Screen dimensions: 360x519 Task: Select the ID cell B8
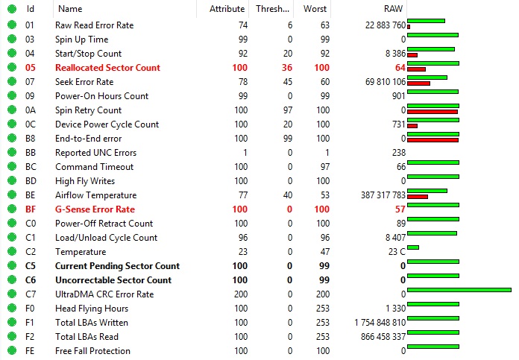point(31,139)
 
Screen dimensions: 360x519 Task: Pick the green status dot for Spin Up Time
point(11,40)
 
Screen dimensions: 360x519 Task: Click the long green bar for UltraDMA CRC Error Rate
point(459,290)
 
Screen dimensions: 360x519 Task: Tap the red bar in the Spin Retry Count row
point(432,112)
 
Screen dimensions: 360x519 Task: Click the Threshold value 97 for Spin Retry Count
point(286,110)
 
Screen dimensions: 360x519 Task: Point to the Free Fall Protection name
point(92,351)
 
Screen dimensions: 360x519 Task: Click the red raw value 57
point(400,209)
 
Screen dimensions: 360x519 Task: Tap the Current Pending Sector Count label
point(117,266)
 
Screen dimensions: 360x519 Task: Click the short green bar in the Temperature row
point(413,247)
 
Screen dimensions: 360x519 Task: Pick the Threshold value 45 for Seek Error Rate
point(286,82)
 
